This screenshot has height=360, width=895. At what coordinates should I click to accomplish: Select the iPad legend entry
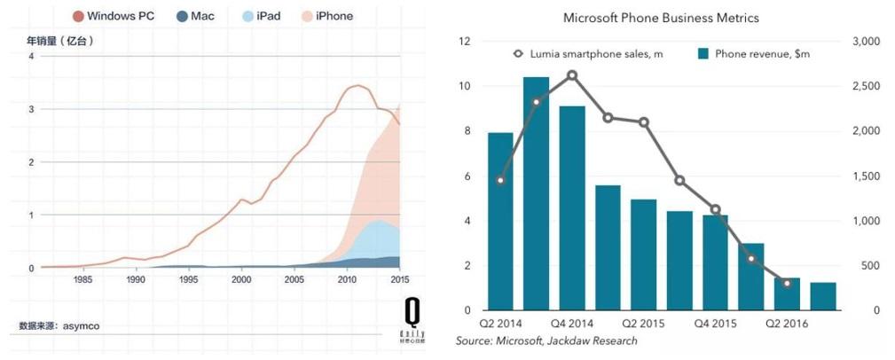tap(262, 16)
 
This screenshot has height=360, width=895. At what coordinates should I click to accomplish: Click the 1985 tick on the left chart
tap(83, 279)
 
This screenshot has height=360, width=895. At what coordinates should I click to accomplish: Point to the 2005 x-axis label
tap(294, 279)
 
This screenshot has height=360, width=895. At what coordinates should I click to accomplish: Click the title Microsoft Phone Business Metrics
tap(661, 18)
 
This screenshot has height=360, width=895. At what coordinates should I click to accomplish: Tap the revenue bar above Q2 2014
tap(500, 222)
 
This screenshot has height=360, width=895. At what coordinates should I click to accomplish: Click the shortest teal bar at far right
tap(823, 296)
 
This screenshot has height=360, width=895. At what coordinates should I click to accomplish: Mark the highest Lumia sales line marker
tap(572, 75)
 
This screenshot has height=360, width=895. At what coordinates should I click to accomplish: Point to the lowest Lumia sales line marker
tap(787, 283)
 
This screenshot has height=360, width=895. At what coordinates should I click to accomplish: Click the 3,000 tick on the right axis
tap(864, 42)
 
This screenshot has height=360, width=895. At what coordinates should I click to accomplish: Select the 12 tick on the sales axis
tap(463, 42)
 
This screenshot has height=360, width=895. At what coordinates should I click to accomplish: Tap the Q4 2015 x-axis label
tap(715, 324)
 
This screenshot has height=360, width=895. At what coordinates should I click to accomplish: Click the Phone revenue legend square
tap(703, 54)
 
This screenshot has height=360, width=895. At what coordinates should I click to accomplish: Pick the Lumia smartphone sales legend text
tap(594, 54)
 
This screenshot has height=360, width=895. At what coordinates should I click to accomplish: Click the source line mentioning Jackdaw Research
tap(546, 341)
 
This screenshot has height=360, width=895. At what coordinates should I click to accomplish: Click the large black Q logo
tap(412, 310)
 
